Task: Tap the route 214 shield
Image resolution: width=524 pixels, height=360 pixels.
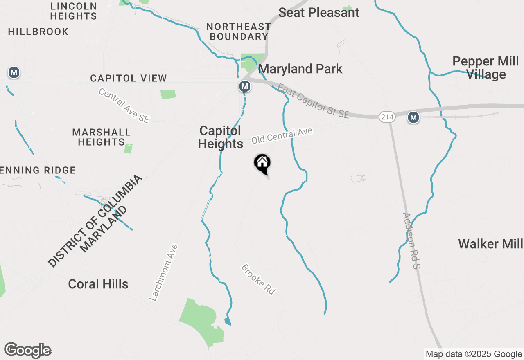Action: pyautogui.click(x=386, y=117)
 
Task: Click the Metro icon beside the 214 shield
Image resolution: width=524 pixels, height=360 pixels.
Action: pyautogui.click(x=413, y=118)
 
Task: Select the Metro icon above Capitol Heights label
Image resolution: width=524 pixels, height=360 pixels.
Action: pyautogui.click(x=245, y=86)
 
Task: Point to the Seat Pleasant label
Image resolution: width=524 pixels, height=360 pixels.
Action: pyautogui.click(x=319, y=13)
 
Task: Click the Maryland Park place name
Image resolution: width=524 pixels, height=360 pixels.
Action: pyautogui.click(x=300, y=69)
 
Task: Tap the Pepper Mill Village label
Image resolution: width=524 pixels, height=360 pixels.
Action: pyautogui.click(x=486, y=68)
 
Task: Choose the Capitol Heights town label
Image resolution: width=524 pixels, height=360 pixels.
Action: pyautogui.click(x=220, y=137)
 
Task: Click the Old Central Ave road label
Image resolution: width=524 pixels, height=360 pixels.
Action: pyautogui.click(x=282, y=136)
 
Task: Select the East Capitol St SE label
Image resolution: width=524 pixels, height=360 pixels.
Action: pyautogui.click(x=314, y=101)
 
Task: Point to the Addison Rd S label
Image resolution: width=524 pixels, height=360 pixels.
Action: pyautogui.click(x=411, y=241)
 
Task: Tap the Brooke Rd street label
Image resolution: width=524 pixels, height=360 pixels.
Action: pyautogui.click(x=258, y=280)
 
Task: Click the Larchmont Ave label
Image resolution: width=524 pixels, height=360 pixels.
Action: pyautogui.click(x=164, y=273)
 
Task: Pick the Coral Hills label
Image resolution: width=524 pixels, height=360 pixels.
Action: pyautogui.click(x=98, y=284)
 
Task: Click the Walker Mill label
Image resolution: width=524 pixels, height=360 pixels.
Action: pyautogui.click(x=490, y=244)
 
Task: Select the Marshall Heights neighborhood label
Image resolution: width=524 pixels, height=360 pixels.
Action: pyautogui.click(x=102, y=137)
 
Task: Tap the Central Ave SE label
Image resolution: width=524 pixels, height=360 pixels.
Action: pyautogui.click(x=124, y=106)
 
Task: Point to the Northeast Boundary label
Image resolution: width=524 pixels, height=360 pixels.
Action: pyautogui.click(x=238, y=32)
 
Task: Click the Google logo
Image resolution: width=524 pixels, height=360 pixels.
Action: pyautogui.click(x=27, y=350)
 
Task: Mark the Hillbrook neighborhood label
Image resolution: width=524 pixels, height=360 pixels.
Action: pyautogui.click(x=38, y=32)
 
